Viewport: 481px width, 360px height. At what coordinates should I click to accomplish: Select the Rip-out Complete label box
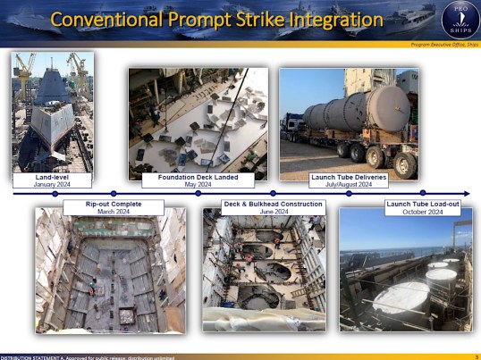click(x=114, y=207)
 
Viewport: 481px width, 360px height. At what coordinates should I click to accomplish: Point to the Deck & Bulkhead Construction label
click(x=272, y=207)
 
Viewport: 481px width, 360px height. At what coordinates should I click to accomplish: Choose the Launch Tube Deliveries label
click(x=349, y=180)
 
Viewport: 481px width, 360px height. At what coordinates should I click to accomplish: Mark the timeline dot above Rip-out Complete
click(x=114, y=193)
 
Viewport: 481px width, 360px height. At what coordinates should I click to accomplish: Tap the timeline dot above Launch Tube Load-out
click(x=422, y=193)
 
